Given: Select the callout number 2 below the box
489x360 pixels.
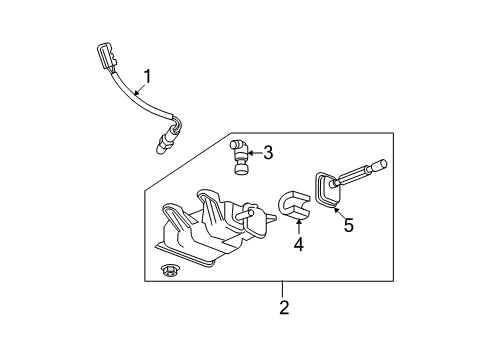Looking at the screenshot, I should click(x=284, y=309).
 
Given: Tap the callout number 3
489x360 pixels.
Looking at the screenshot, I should click(x=268, y=153).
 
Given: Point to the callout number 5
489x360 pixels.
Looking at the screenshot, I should click(x=348, y=226).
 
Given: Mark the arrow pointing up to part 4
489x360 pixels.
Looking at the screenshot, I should click(x=297, y=224).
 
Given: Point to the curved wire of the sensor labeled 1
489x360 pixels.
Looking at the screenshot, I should click(x=141, y=100).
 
